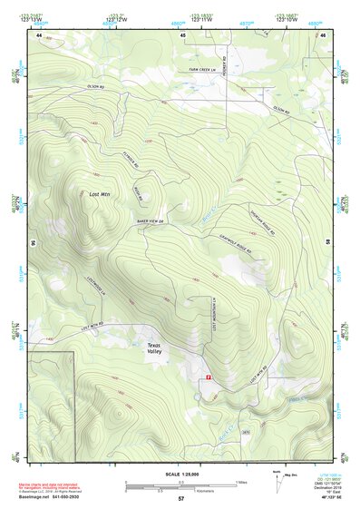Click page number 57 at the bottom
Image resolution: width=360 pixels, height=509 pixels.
tap(181, 499)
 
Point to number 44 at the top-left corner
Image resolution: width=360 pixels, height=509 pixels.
tap(40, 34)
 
